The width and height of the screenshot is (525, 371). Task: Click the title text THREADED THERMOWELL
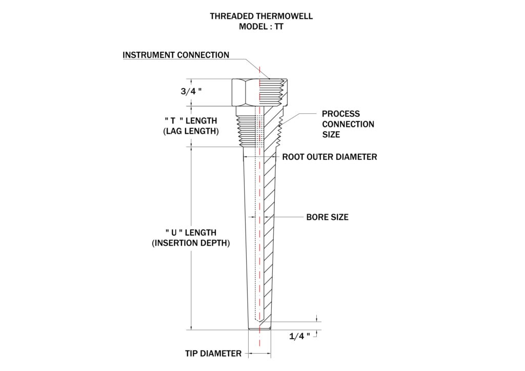261,16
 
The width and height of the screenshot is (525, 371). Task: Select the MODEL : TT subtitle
261,27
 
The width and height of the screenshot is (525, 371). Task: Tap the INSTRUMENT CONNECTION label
176,55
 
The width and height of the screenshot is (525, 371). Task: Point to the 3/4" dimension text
191,91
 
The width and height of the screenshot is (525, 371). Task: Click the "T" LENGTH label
191,120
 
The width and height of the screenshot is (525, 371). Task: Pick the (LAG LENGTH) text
191,131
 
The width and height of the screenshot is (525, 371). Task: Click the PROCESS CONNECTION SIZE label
348,124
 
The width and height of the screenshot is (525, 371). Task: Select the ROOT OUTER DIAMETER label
330,157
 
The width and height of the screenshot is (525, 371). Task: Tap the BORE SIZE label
327,217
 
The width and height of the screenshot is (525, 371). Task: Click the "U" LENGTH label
191,233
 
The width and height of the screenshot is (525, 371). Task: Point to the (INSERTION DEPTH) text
191,243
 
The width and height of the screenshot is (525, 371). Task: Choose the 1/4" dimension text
299,336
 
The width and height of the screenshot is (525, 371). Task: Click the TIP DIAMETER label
213,354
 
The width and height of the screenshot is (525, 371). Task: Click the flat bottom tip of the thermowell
259,329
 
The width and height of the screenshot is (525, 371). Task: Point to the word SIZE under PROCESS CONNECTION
331,134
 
